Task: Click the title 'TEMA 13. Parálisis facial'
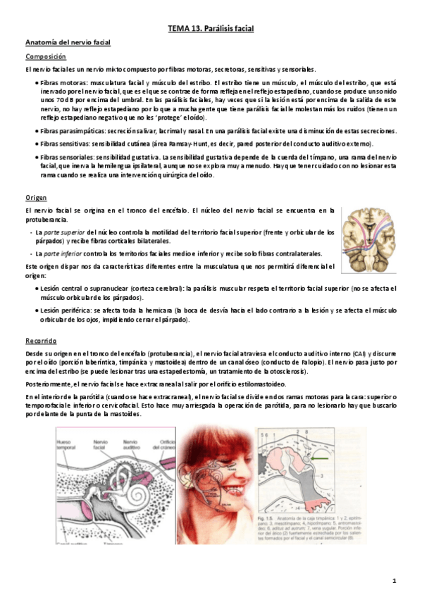pyautogui.click(x=211, y=28)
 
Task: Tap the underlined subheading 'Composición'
pyautogui.click(x=46, y=56)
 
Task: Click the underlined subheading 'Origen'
pyautogui.click(x=35, y=198)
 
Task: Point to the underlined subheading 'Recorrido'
pyautogui.click(x=41, y=340)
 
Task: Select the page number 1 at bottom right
pyautogui.click(x=395, y=581)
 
